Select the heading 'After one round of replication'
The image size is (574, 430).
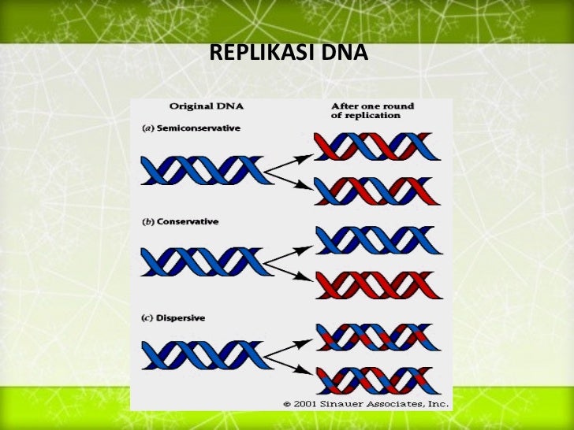point(372,110)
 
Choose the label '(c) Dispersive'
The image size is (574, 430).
point(173,317)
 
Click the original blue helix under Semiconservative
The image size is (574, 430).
point(202,169)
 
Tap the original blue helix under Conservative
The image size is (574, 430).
point(202,261)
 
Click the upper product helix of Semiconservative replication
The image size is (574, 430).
point(374,147)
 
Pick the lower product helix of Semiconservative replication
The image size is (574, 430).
point(374,191)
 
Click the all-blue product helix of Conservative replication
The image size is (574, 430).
point(374,239)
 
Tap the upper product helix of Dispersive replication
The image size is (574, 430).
point(374,336)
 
